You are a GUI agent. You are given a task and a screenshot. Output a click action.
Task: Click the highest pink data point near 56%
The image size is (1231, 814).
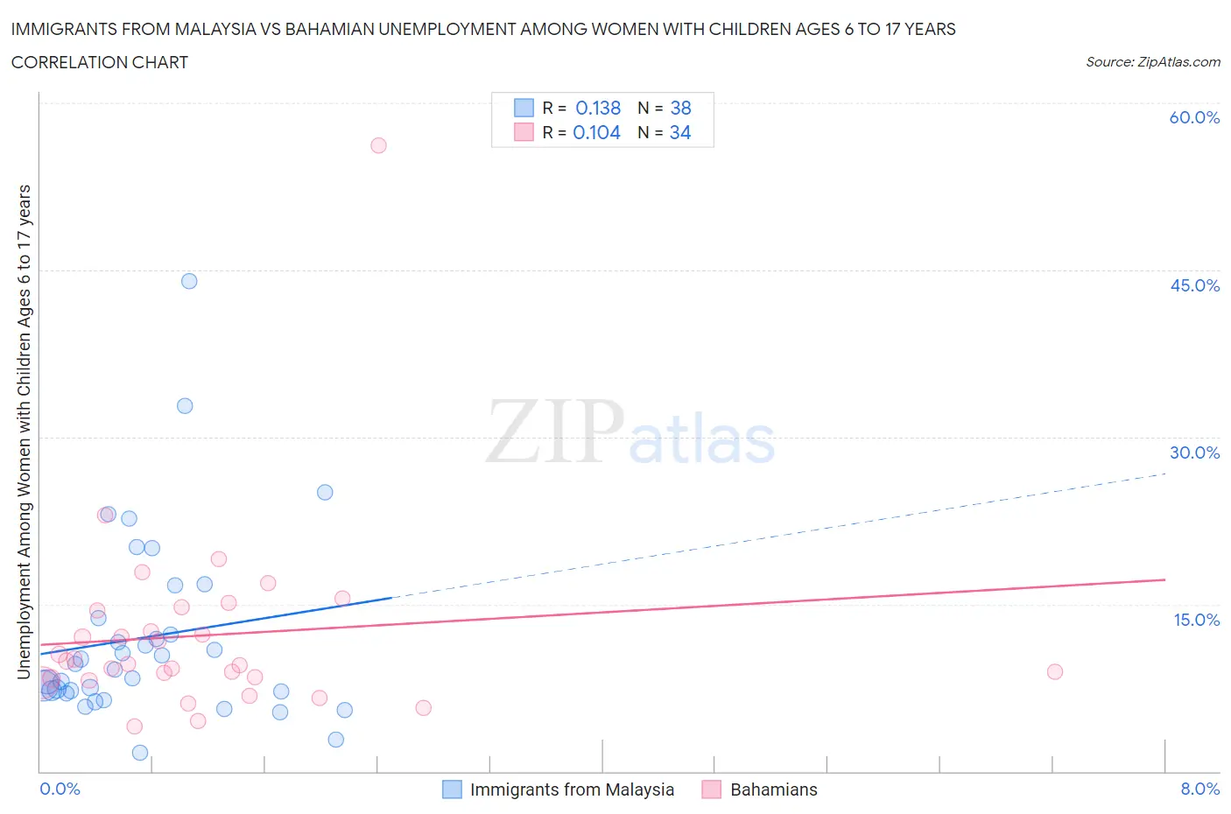coord(378,145)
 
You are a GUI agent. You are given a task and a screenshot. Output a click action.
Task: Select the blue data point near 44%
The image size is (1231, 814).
coord(189,281)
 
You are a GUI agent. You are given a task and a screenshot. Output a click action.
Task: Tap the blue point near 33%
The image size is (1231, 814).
coord(185,405)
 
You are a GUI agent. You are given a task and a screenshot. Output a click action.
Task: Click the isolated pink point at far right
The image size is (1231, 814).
coord(1055,671)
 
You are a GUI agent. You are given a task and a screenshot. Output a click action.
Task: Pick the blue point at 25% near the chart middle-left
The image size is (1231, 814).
coord(325,492)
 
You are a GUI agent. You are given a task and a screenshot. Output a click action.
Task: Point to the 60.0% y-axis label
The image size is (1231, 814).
coord(1194,117)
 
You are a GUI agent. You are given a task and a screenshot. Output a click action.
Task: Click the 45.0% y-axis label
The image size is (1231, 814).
coord(1194,285)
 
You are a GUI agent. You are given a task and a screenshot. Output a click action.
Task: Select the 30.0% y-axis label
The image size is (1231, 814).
coord(1194,453)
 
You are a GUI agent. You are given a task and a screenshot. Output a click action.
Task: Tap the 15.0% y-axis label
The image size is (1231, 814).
coord(1196,620)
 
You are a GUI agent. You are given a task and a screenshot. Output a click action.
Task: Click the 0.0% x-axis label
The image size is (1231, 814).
coord(60,789)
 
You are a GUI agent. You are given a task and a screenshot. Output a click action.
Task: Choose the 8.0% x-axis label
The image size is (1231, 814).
coord(1199,789)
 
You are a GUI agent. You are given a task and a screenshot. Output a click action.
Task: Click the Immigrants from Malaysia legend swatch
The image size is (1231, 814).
coord(452,789)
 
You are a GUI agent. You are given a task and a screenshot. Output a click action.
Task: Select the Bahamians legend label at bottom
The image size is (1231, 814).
coord(773,789)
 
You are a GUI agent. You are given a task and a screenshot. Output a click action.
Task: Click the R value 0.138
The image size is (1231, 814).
coord(598,108)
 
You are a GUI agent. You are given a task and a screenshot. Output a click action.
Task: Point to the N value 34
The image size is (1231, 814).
coord(680,132)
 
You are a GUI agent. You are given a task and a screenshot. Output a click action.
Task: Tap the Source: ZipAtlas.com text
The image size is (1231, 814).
coord(1152,61)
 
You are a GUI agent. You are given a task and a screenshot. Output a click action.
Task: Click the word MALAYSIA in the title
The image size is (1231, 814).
coord(214,29)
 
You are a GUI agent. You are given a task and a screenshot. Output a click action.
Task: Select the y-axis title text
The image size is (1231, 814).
coord(24,432)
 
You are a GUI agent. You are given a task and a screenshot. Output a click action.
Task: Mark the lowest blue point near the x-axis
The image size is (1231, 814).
coord(140,753)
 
